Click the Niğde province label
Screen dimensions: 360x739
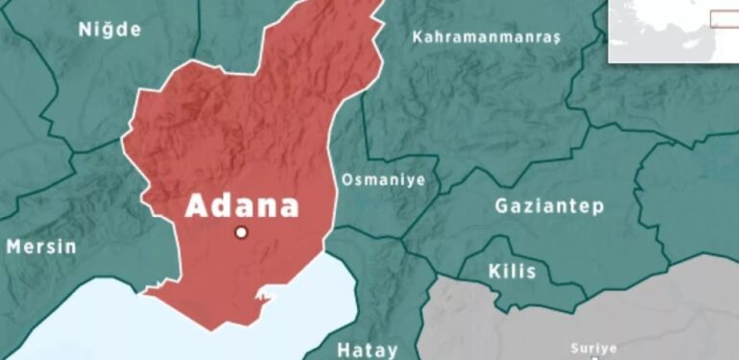[x=108, y=29]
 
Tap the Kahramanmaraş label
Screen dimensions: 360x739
[x=486, y=36]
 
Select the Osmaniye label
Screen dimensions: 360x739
[x=383, y=179]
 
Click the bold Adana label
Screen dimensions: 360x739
[x=242, y=205]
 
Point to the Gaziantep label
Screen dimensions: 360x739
[x=549, y=205]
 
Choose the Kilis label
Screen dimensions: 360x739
[x=513, y=271]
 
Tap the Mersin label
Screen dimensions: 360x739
[x=41, y=247]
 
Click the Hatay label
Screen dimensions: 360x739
[x=367, y=348]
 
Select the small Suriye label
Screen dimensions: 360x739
[x=593, y=348]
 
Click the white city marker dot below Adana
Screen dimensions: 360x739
[x=242, y=232]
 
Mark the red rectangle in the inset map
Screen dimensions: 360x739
[x=724, y=18]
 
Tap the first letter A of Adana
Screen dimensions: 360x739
[x=196, y=205]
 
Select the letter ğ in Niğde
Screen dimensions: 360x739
[x=108, y=30]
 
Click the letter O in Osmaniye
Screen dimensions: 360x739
[x=347, y=179]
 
